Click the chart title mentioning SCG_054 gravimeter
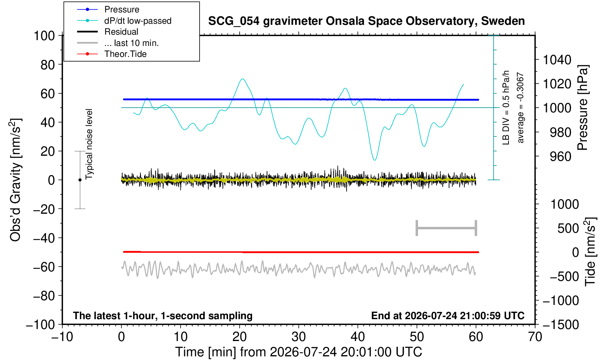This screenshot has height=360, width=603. click(366, 21)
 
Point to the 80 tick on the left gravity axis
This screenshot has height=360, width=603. click(48, 65)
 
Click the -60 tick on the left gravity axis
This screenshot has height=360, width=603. click(44, 267)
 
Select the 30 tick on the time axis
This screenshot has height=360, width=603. click(298, 337)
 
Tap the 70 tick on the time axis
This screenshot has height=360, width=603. click(535, 337)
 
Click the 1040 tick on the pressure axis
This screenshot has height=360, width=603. click(557, 59)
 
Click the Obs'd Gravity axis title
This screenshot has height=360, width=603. click(15, 180)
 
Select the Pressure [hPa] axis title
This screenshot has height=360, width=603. click(583, 108)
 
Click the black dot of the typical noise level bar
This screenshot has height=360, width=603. click(80, 180)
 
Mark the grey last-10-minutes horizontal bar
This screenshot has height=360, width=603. click(447, 228)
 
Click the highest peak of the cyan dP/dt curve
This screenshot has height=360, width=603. click(243, 79)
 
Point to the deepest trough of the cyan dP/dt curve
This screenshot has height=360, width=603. click(375, 160)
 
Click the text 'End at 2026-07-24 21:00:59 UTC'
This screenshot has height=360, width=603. click(448, 316)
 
